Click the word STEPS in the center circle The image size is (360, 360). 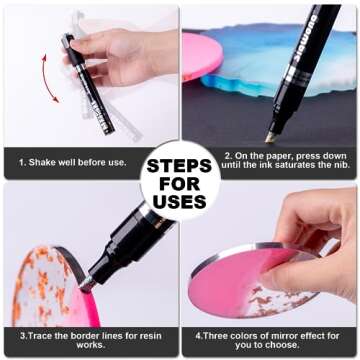tap(179, 166)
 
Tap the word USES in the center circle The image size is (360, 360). tap(180, 202)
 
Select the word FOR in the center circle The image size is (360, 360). tap(179, 184)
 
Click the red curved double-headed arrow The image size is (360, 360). tap(47, 78)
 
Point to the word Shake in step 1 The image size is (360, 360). tap(40, 163)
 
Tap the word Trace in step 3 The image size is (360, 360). tap(38, 336)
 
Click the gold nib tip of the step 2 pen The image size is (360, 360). tap(269, 138)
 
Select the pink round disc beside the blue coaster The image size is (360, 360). tap(201, 56)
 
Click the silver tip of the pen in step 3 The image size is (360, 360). tap(87, 284)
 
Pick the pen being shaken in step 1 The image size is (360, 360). tap(88, 83)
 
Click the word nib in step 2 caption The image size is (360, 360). tap(340, 165)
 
